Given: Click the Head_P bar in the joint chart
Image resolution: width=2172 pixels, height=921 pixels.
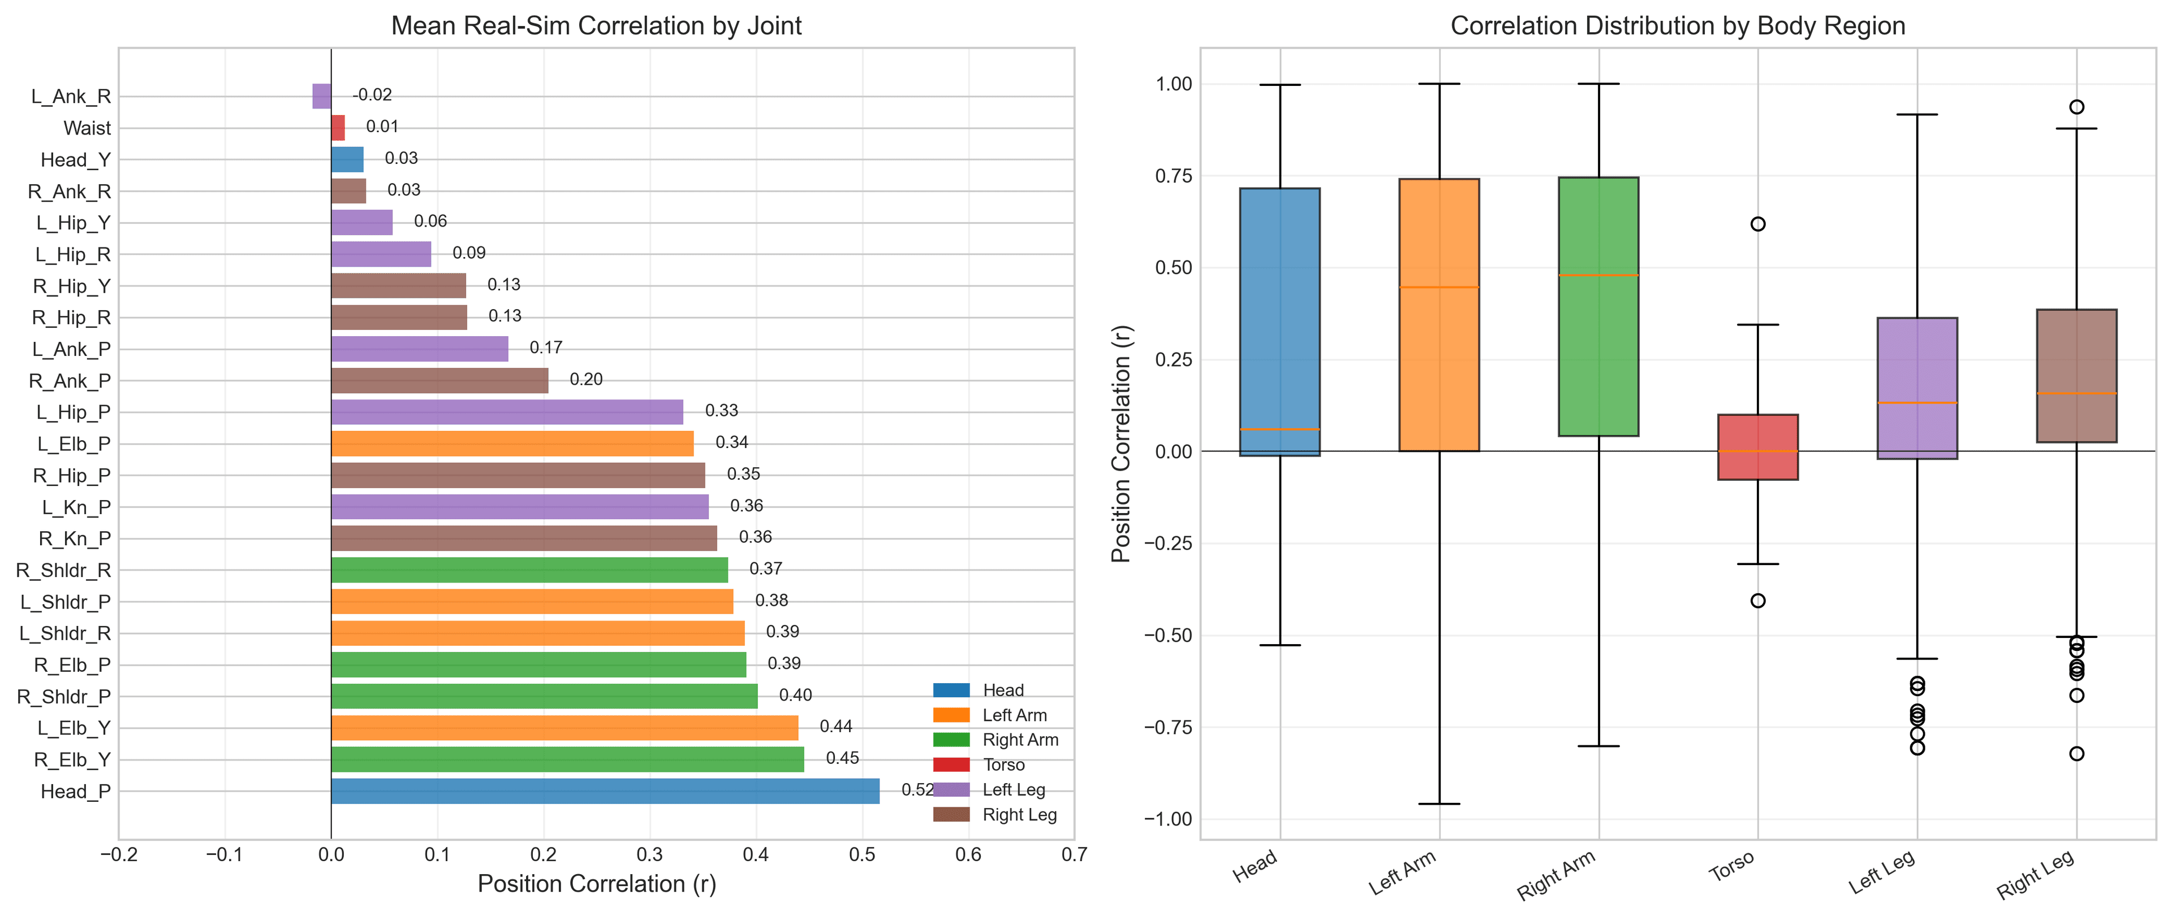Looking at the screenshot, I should (x=605, y=791).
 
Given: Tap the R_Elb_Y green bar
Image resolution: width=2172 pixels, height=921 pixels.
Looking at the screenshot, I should (x=567, y=759).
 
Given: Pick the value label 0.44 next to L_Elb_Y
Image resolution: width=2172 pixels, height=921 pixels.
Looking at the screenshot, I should (x=835, y=727).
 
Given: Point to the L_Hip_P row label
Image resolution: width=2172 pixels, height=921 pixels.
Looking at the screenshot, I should (x=74, y=412).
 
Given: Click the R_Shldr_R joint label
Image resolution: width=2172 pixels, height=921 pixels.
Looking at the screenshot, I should (x=63, y=571).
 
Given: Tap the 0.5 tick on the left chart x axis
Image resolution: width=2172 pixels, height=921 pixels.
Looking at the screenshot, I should (x=861, y=854).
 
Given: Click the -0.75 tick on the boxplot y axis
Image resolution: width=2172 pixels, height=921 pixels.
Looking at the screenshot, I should (x=1168, y=727).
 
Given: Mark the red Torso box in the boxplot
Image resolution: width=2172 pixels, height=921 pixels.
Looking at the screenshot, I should (x=1757, y=446).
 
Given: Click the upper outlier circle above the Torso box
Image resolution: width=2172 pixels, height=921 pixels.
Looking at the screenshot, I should (x=1757, y=224).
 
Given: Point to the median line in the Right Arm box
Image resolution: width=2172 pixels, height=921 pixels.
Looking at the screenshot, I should (x=1598, y=276).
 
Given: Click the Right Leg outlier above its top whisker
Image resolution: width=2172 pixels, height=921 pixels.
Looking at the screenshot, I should (x=2076, y=107).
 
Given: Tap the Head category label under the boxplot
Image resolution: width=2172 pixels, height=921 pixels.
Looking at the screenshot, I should (x=1255, y=867).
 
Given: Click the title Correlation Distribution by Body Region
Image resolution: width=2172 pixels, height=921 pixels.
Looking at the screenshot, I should (x=1677, y=25).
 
